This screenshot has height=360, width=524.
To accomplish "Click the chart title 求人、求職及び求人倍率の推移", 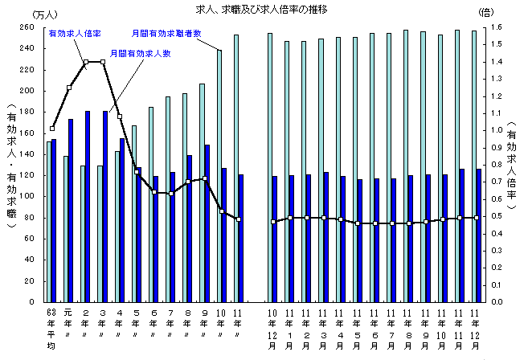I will [x=262, y=9].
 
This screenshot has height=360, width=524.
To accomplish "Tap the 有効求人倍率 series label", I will [x=75, y=35].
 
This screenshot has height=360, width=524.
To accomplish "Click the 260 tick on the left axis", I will [x=27, y=27].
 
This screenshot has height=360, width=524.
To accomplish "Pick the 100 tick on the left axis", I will [x=27, y=197].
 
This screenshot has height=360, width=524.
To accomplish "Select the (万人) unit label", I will [x=35, y=14].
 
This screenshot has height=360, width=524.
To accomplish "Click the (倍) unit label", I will [x=486, y=14].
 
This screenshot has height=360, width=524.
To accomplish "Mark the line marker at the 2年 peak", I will [x=86, y=62].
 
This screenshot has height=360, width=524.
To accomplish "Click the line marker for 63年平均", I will [x=52, y=128].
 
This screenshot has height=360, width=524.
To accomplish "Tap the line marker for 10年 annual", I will [x=221, y=211].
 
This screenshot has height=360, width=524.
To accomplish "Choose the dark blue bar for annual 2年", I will [x=88, y=207].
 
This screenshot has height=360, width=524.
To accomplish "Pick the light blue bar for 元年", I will [x=65, y=229].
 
